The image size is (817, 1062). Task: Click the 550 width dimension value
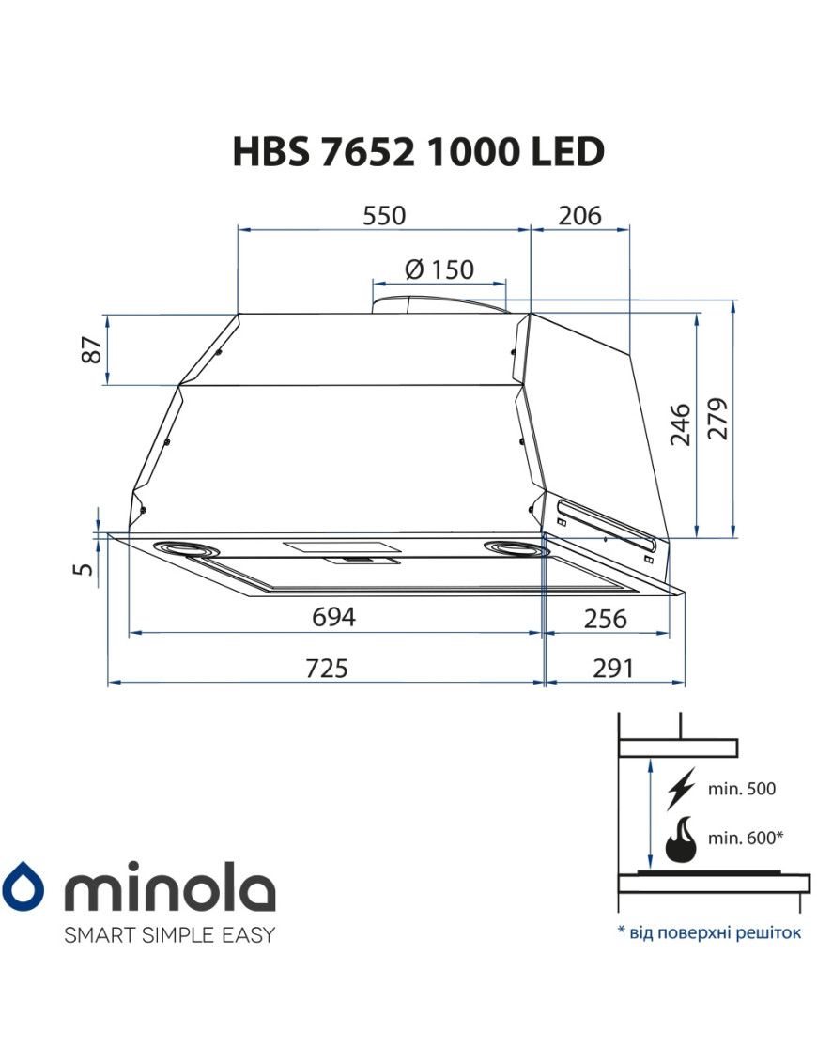pyautogui.click(x=384, y=215)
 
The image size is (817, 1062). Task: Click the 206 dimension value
pyautogui.click(x=580, y=215)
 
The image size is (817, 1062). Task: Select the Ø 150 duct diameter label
pyautogui.click(x=439, y=269)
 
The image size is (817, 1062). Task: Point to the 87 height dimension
pyautogui.click(x=91, y=350)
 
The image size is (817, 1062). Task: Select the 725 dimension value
pyautogui.click(x=326, y=669)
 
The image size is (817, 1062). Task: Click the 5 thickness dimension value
pyautogui.click(x=85, y=568)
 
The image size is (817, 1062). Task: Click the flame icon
pyautogui.click(x=679, y=839)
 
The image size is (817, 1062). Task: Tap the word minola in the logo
pyautogui.click(x=168, y=886)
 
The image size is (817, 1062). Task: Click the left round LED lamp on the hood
pyautogui.click(x=186, y=547)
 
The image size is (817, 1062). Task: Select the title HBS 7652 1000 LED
pyautogui.click(x=417, y=151)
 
